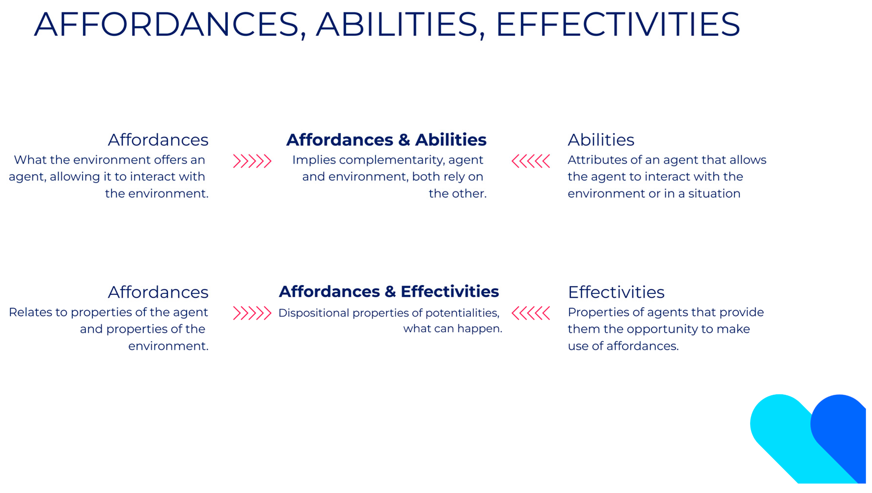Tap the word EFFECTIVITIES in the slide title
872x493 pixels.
click(x=618, y=24)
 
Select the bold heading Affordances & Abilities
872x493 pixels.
click(x=386, y=140)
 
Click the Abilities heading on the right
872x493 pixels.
click(x=601, y=140)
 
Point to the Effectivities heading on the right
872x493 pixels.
click(x=616, y=292)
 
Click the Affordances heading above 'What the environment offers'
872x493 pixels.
click(x=158, y=140)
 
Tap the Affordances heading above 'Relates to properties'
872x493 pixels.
click(x=158, y=292)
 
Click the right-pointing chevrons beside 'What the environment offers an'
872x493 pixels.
click(x=252, y=161)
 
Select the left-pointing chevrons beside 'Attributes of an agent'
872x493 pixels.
click(x=531, y=161)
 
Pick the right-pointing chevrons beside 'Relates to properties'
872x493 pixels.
click(x=252, y=313)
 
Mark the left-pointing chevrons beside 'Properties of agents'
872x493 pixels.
click(x=531, y=313)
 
